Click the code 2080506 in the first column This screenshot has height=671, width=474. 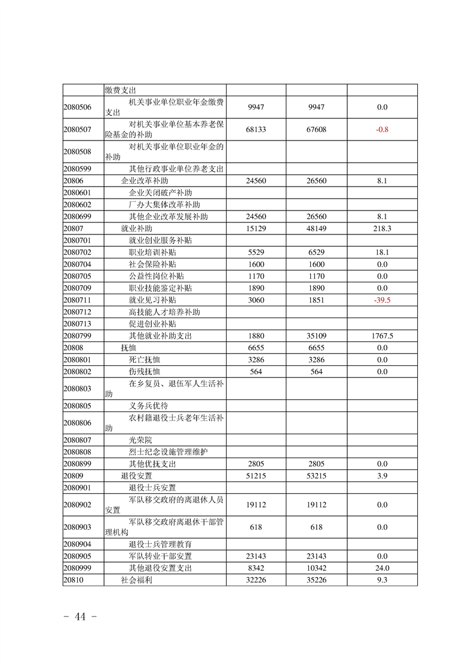tap(77, 107)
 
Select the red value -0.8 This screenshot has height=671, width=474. tap(382, 129)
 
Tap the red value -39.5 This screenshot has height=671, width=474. tap(382, 300)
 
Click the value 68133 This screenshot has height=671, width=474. tap(256, 129)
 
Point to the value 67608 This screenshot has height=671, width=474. tap(317, 129)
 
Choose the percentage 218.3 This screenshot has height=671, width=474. tap(382, 228)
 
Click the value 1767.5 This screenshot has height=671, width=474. tap(382, 336)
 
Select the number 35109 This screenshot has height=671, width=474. tap(317, 336)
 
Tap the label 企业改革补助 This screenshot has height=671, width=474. tap(144, 181)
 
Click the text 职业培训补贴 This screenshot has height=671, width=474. tap(152, 252)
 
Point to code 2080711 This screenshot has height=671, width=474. tap(77, 300)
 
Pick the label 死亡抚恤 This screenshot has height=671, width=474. tap(145, 360)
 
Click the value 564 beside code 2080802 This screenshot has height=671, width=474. tap(256, 372)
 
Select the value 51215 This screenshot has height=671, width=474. tap(256, 476)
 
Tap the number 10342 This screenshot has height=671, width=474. tap(317, 568)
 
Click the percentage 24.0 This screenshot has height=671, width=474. tap(382, 568)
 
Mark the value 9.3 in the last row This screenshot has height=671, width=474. tap(382, 580)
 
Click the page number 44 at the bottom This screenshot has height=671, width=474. tap(80, 617)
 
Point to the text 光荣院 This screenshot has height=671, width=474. tap(140, 440)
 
